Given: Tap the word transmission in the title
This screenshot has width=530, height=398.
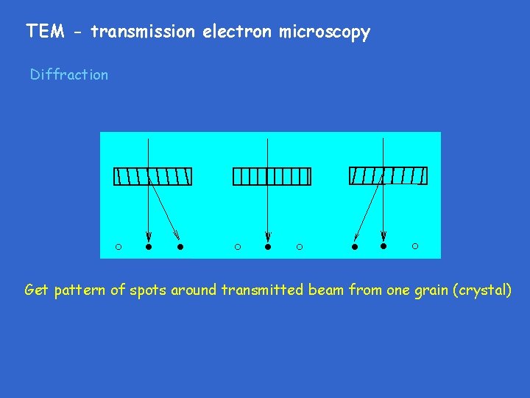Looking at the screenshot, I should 144,32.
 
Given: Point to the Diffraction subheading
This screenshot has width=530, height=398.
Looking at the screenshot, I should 69,74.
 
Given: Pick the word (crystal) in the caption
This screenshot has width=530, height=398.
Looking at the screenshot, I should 484,290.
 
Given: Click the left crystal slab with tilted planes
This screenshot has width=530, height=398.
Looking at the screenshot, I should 153,177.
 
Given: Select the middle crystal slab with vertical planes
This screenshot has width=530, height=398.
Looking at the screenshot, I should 272,177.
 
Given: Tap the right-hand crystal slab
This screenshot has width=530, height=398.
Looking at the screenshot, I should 388,175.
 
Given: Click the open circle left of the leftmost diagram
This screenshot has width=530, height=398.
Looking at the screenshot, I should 118,246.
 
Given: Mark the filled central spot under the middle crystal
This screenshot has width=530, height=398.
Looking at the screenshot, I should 268,247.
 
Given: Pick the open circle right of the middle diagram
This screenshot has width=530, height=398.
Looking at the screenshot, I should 299,247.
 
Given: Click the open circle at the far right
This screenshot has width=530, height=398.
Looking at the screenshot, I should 415,246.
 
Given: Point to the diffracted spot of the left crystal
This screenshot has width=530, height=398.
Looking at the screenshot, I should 180,247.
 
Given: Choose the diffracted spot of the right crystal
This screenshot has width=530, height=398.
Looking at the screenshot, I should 354,247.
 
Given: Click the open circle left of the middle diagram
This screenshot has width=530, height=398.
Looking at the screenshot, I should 237,247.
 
